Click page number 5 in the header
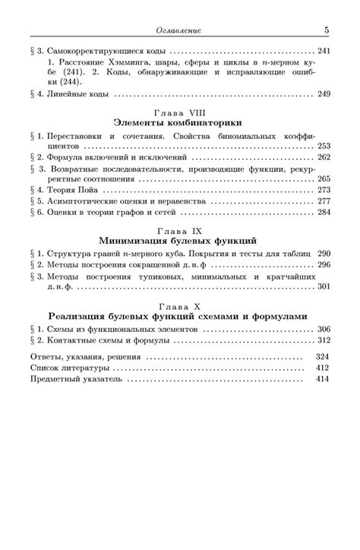coord(326,30)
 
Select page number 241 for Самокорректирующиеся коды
coord(324,51)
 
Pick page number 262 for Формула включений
coord(324,157)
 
